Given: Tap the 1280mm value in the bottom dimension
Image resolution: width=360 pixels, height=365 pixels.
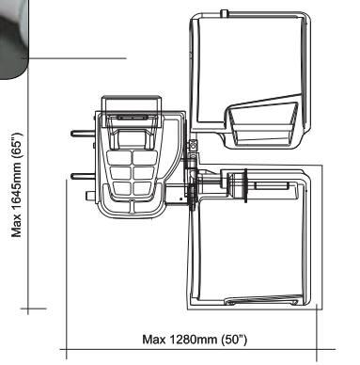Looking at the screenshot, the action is click(194, 340).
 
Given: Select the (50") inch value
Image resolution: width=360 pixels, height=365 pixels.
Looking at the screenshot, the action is click(234, 340).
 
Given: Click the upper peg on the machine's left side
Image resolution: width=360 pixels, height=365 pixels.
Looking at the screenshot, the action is click(83, 134).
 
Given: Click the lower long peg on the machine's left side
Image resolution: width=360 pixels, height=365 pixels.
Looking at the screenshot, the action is click(83, 176).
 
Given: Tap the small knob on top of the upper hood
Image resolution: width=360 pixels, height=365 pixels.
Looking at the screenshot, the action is click(224, 13).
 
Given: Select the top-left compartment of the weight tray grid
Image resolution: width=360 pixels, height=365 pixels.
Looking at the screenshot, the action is click(119, 158).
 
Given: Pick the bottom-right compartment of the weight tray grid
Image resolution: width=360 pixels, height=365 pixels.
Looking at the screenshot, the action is click(144, 188).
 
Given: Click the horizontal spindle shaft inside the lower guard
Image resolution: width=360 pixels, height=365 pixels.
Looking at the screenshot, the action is click(271, 186).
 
